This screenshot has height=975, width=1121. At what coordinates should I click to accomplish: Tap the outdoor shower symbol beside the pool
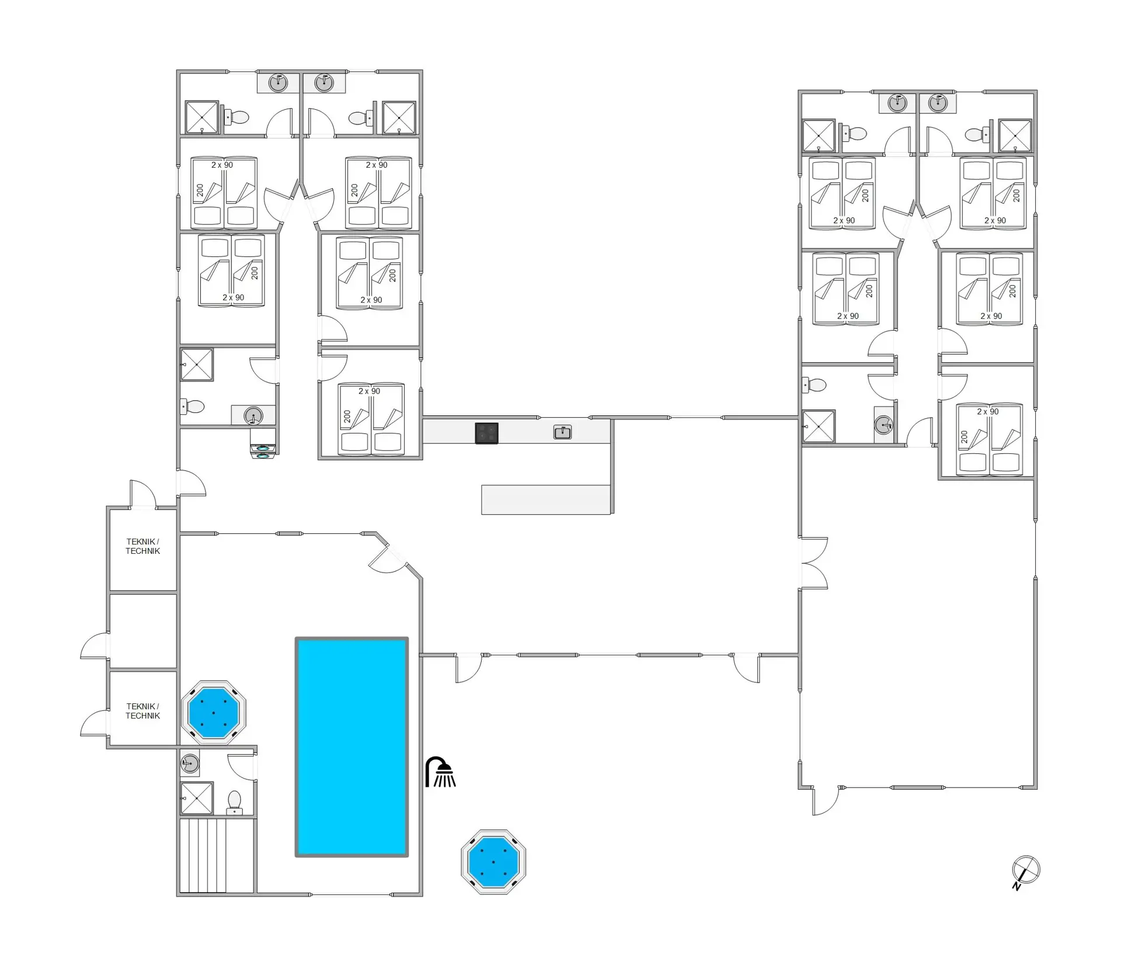[441, 772]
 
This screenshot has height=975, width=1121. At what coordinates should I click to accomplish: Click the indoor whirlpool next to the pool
[214, 712]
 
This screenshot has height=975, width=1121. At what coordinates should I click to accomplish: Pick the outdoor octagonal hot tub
[493, 861]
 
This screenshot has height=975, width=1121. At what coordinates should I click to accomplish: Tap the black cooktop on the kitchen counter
[486, 433]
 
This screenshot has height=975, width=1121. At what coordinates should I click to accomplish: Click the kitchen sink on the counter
[562, 432]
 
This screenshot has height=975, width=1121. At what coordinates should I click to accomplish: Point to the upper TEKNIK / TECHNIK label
[142, 546]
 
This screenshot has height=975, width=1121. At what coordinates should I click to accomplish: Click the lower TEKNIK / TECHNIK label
[142, 711]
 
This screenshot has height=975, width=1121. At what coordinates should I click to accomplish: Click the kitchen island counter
[546, 499]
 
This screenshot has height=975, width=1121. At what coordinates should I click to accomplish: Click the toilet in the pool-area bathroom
[234, 801]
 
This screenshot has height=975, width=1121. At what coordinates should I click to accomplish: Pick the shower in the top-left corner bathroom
[201, 117]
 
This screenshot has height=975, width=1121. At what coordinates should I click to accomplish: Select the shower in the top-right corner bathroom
[1015, 136]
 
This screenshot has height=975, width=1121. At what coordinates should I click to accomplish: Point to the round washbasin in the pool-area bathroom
[190, 763]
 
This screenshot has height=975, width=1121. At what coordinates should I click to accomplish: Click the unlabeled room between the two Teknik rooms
[144, 630]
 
